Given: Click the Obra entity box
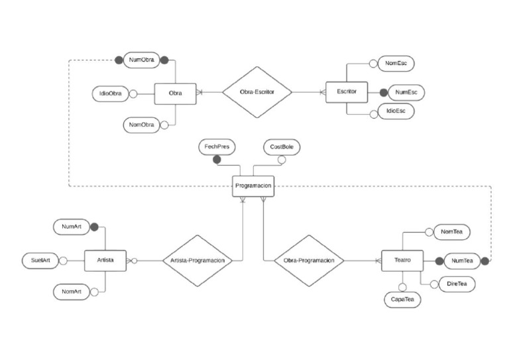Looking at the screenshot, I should (175, 93).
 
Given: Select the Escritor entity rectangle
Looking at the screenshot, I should (347, 91).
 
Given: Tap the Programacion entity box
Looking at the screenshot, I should (253, 186).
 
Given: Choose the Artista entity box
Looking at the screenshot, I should (105, 261).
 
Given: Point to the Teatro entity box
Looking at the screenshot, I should (402, 261).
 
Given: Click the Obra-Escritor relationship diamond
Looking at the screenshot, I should (256, 92).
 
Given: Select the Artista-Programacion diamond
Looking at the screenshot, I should (198, 261).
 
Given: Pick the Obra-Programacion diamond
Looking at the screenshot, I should (309, 261).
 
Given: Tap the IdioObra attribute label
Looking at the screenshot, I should (109, 93).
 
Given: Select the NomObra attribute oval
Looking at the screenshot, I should (142, 125).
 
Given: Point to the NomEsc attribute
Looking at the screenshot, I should (396, 64).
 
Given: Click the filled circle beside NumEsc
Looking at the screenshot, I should (382, 92).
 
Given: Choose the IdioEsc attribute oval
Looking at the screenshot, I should (396, 111).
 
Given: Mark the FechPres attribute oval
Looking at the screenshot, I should (217, 147).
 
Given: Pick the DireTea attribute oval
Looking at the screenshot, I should (456, 284).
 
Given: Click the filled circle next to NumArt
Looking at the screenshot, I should (94, 227).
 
